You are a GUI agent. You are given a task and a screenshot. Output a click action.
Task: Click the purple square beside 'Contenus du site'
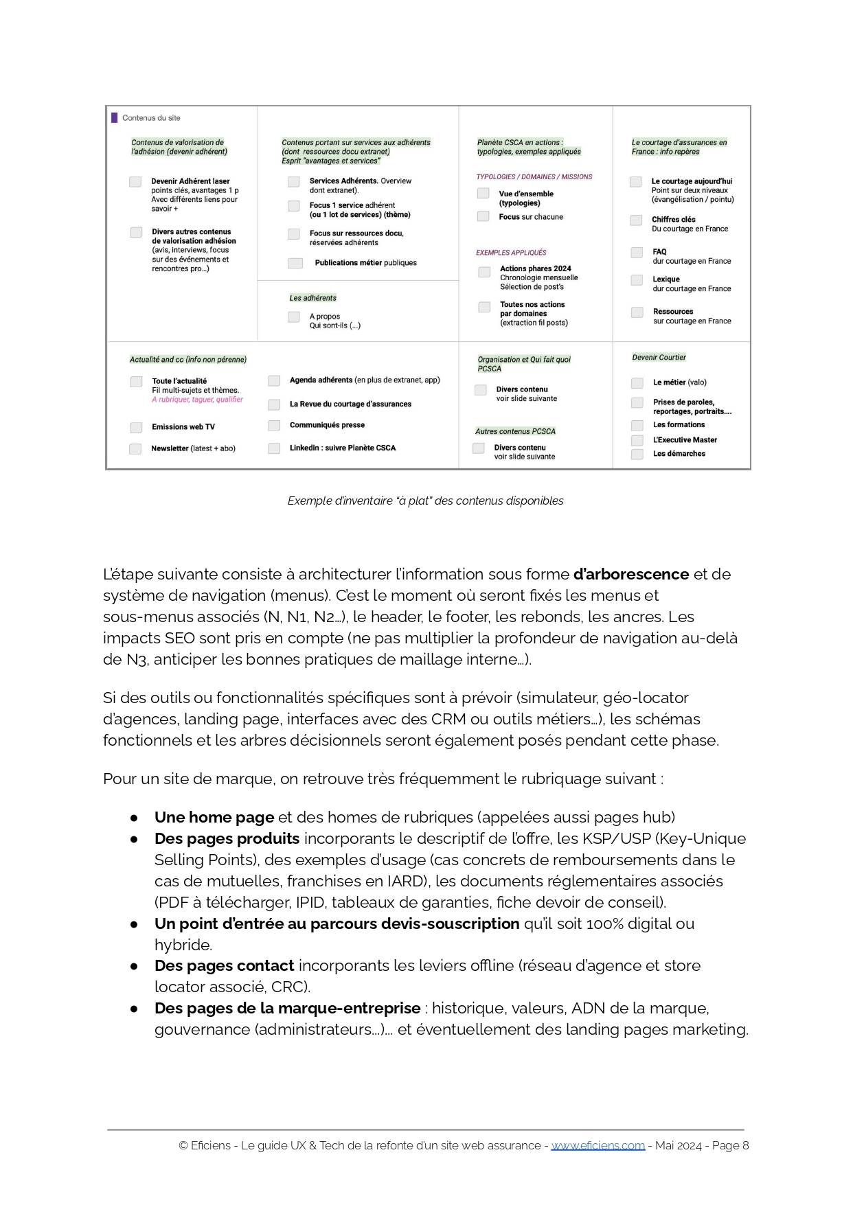click(x=115, y=118)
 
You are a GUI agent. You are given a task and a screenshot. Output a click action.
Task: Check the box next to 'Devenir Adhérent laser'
click(x=135, y=182)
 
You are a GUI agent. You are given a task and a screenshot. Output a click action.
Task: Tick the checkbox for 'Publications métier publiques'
click(x=295, y=263)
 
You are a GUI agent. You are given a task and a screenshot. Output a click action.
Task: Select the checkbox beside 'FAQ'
click(x=637, y=253)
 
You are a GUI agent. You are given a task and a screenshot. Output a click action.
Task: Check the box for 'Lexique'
click(x=637, y=280)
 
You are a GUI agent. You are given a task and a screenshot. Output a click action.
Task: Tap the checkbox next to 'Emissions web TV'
click(x=136, y=428)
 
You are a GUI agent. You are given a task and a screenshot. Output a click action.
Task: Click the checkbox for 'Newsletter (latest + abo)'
click(x=135, y=449)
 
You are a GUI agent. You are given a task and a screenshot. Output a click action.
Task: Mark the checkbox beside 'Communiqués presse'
click(x=274, y=426)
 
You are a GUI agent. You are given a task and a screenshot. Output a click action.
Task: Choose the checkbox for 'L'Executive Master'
click(x=637, y=441)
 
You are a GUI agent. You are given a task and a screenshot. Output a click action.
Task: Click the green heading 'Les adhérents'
click(x=312, y=298)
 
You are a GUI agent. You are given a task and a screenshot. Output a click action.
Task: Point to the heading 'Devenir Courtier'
click(x=659, y=358)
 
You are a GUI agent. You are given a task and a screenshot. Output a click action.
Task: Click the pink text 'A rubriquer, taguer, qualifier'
click(x=197, y=400)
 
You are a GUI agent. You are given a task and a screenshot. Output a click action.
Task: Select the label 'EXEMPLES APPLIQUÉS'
click(x=511, y=253)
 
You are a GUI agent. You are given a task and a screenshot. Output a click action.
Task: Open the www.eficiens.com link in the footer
click(x=598, y=1145)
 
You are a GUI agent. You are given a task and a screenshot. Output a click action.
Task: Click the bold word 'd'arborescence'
click(x=630, y=574)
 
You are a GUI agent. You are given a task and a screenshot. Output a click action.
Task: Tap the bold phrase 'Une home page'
click(x=214, y=817)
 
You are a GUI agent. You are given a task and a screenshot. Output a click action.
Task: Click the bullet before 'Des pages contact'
click(x=134, y=966)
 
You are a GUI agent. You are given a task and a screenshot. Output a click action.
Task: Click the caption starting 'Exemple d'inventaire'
click(x=425, y=501)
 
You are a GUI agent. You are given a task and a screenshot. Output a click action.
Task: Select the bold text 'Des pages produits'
click(x=227, y=838)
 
